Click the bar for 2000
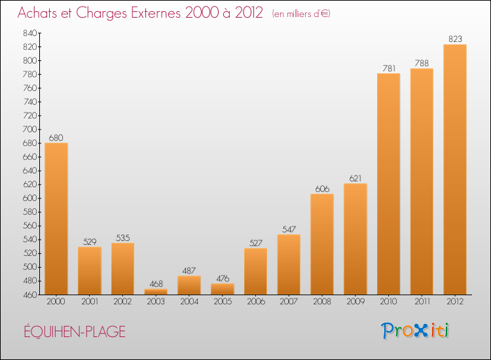click(56, 219)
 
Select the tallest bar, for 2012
click(455, 170)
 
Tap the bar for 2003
click(156, 292)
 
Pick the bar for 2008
click(322, 244)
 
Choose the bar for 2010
click(389, 184)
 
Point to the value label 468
click(156, 284)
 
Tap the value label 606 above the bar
click(322, 189)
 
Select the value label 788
click(422, 63)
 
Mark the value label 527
click(255, 243)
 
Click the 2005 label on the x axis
click(223, 302)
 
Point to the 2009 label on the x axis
click(355, 302)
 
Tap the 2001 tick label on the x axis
click(90, 302)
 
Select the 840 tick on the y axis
click(29, 33)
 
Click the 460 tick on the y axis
click(29, 295)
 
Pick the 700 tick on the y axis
click(29, 129)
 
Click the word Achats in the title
click(38, 13)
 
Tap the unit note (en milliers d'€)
click(301, 14)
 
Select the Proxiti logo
click(414, 331)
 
